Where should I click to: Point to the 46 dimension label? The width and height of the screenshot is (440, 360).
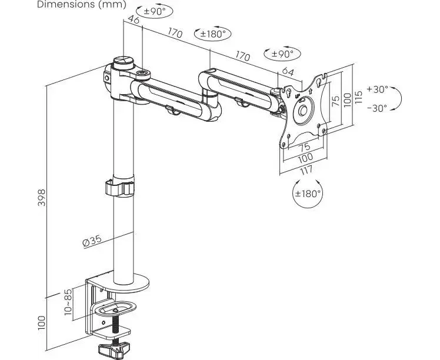click(133, 21)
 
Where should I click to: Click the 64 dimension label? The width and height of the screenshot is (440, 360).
click(288, 72)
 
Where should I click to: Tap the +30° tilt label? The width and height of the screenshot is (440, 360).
click(376, 89)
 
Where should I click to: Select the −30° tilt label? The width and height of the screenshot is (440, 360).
click(376, 108)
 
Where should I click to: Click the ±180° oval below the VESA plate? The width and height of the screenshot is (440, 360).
click(308, 193)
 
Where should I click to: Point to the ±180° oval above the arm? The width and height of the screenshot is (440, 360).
click(212, 34)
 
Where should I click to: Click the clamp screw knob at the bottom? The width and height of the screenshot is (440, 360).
click(116, 351)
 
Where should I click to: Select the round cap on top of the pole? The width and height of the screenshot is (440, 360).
click(123, 61)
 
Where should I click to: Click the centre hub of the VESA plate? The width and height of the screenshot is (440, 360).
click(304, 110)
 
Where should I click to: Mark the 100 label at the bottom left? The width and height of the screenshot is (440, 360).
click(41, 322)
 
